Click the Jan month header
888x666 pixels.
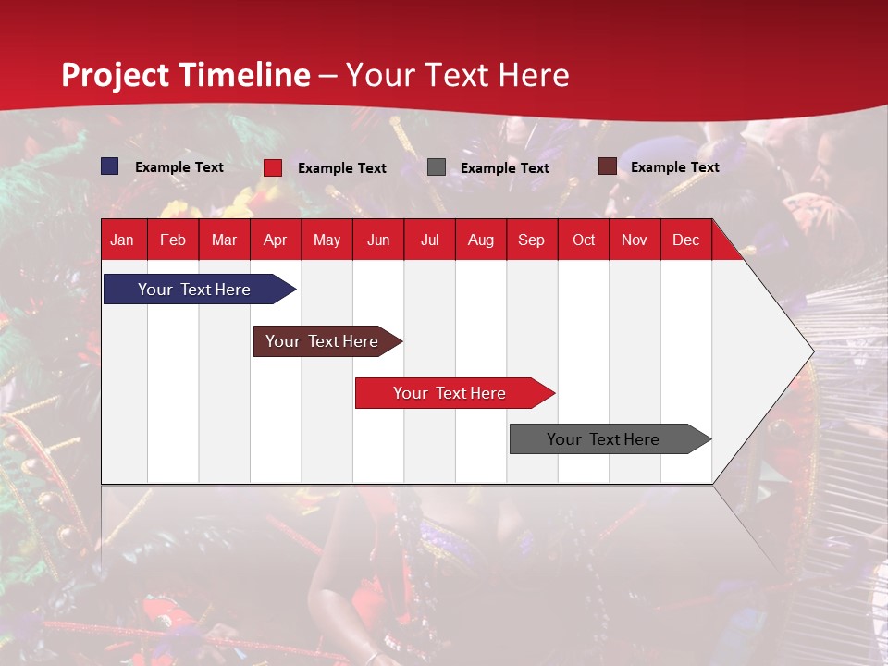(x=122, y=240)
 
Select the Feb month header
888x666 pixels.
(x=173, y=240)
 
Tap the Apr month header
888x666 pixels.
(x=275, y=240)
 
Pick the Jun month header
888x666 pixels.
(x=378, y=240)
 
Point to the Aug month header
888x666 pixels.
(x=480, y=240)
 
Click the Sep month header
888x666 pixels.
(x=531, y=240)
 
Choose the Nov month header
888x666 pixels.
(x=635, y=240)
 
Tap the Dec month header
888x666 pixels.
(x=685, y=240)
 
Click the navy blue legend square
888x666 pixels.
(x=110, y=166)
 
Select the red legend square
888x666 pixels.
(x=273, y=167)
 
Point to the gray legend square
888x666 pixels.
(x=437, y=167)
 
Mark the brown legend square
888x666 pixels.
(x=607, y=166)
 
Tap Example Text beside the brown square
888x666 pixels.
(x=674, y=167)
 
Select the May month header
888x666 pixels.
(x=327, y=240)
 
